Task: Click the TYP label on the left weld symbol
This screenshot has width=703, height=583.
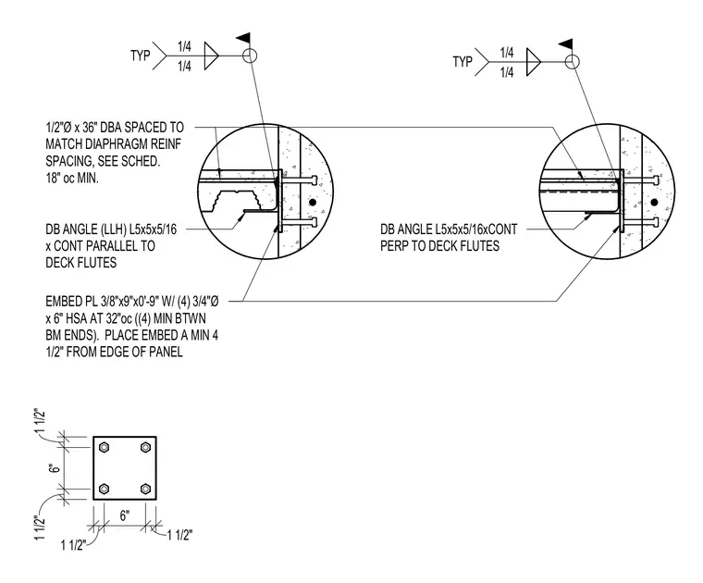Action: [141, 56]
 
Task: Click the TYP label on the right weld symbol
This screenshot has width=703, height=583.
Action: [462, 61]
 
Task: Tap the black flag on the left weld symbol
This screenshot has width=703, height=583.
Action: [243, 38]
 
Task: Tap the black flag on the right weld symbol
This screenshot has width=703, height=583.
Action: [565, 43]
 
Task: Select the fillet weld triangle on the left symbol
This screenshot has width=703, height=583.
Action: [211, 56]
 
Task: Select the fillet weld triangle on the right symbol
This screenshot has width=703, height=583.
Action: [533, 62]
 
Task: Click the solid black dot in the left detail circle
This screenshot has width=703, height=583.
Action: [313, 203]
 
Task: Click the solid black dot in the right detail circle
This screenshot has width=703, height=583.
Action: [654, 203]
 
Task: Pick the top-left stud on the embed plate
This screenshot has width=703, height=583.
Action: [104, 447]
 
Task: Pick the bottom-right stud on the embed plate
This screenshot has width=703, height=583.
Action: [145, 489]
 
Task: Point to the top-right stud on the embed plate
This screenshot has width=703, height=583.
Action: [145, 447]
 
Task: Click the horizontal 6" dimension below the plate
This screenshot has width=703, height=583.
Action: [125, 515]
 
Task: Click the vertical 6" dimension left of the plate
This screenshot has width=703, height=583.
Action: [55, 467]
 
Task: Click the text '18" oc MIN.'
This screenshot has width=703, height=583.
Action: [72, 178]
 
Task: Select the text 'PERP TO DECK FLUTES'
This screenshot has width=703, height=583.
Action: [439, 246]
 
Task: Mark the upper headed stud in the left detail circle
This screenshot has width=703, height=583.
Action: [301, 180]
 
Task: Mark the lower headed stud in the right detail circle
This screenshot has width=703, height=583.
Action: [642, 222]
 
